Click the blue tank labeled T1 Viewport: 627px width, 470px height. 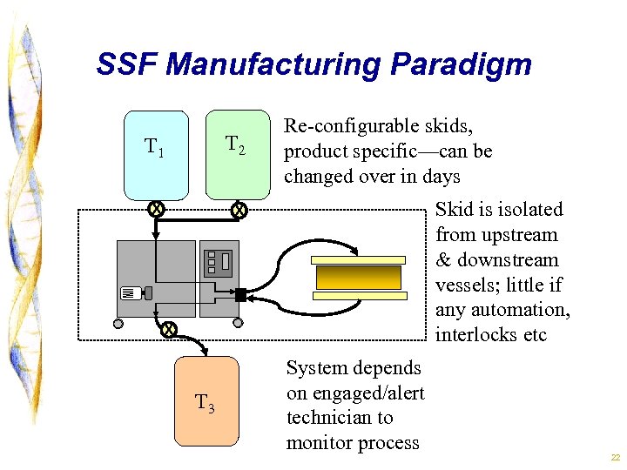click(x=156, y=155)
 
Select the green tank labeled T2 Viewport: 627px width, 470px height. click(x=238, y=155)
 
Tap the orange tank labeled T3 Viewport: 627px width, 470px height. click(x=206, y=400)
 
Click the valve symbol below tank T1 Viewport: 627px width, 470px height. click(x=155, y=209)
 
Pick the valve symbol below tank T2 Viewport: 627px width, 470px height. click(x=239, y=210)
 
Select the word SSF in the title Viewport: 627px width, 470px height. click(x=127, y=64)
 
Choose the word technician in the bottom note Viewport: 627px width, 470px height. click(x=340, y=418)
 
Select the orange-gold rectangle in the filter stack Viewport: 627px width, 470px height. click(x=359, y=278)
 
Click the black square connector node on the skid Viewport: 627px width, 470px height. click(x=240, y=295)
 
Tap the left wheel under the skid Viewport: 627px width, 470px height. click(x=119, y=324)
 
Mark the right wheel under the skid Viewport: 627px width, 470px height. click(x=238, y=324)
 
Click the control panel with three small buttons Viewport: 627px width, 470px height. click(x=218, y=261)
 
